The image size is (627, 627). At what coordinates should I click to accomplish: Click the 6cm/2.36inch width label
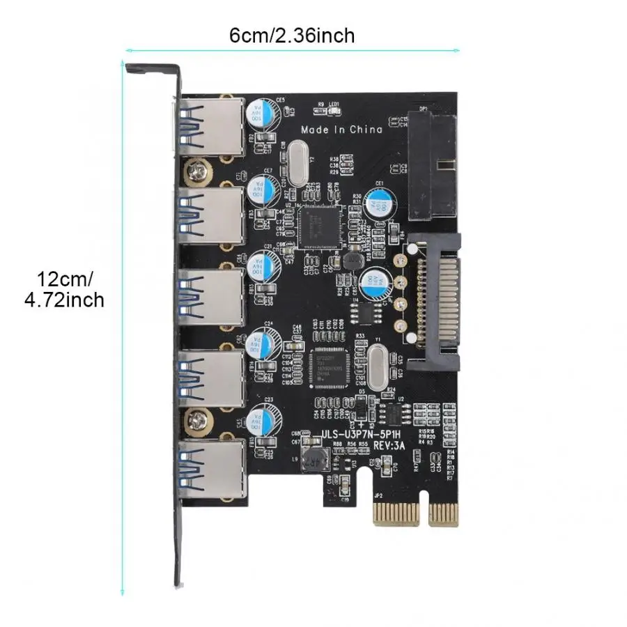[x=293, y=35]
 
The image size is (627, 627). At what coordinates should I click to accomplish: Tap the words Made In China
[x=341, y=129]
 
